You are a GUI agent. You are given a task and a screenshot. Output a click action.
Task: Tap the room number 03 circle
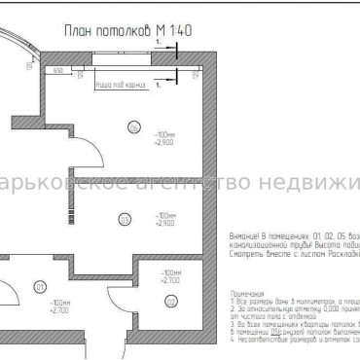pyautogui.click(x=124, y=218)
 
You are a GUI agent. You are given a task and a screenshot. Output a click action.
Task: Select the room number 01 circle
pyautogui.click(x=39, y=287)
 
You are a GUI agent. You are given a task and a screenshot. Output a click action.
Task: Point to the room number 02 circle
pyautogui.click(x=171, y=302)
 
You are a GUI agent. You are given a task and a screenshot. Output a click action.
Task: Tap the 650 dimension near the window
pyautogui.click(x=58, y=71)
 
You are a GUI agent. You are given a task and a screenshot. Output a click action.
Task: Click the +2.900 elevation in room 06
pyautogui.click(x=163, y=142)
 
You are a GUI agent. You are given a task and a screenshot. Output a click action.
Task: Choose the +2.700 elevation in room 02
pyautogui.click(x=170, y=280)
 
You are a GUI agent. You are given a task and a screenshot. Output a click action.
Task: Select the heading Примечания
pyautogui.click(x=246, y=292)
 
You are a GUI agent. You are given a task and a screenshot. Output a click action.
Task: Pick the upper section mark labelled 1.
pyautogui.click(x=157, y=44)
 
